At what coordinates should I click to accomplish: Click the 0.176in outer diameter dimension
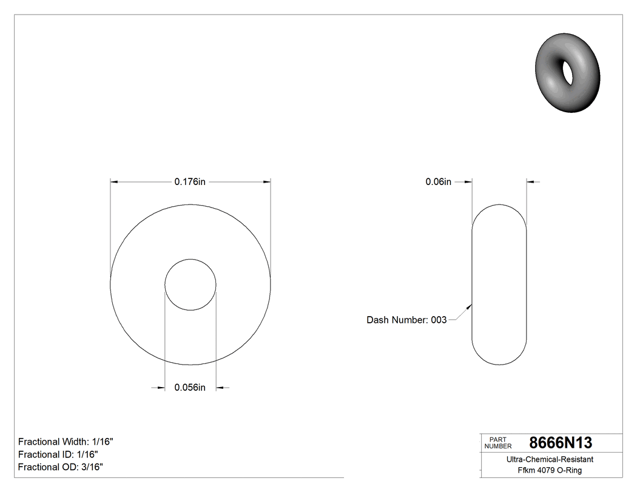point(190,181)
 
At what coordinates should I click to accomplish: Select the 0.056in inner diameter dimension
point(190,388)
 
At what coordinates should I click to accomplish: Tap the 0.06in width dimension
point(438,181)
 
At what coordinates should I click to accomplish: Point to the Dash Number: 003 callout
point(406,320)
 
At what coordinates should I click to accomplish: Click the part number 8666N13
point(561,442)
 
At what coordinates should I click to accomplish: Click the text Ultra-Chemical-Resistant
point(550,459)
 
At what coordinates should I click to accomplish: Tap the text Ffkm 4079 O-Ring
point(550,470)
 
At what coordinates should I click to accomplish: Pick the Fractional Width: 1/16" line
point(66,442)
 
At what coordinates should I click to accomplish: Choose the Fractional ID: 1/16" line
point(58,454)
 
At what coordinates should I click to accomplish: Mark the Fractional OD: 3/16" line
point(61,467)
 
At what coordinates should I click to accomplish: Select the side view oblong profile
point(499,285)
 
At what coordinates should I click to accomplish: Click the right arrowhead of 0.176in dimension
point(267,181)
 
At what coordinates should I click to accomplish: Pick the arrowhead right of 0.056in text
point(220,388)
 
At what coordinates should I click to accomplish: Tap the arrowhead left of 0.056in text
point(162,388)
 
